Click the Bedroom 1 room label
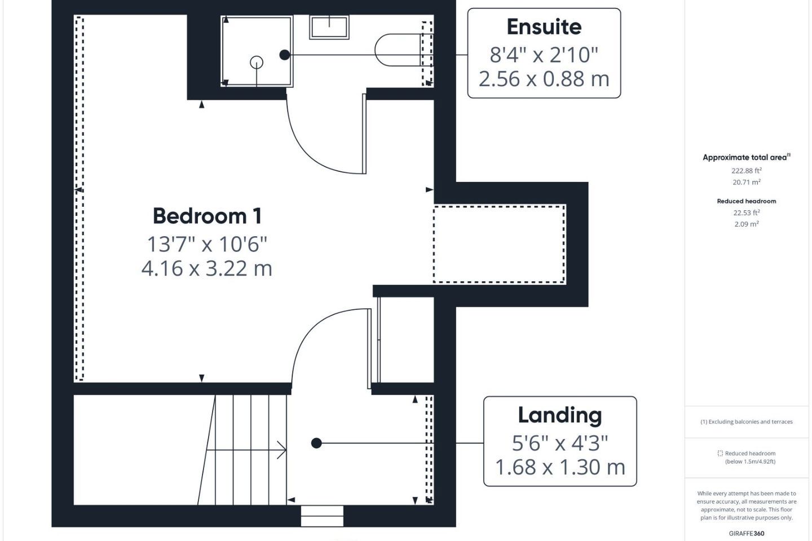tap(207, 216)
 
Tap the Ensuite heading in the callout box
tap(544, 27)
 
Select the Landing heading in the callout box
tap(560, 415)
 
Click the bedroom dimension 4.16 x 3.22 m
tap(206, 268)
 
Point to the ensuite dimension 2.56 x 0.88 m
tap(544, 79)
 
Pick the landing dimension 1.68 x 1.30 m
tap(560, 467)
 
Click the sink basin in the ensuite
tap(329, 27)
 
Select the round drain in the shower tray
tap(257, 63)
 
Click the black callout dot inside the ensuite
tap(285, 55)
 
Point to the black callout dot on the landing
tap(316, 443)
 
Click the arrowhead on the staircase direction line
tap(282, 450)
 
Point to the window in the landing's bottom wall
tap(322, 516)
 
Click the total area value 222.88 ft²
tap(747, 171)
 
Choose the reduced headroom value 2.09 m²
tap(747, 224)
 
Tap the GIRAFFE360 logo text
tap(747, 533)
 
